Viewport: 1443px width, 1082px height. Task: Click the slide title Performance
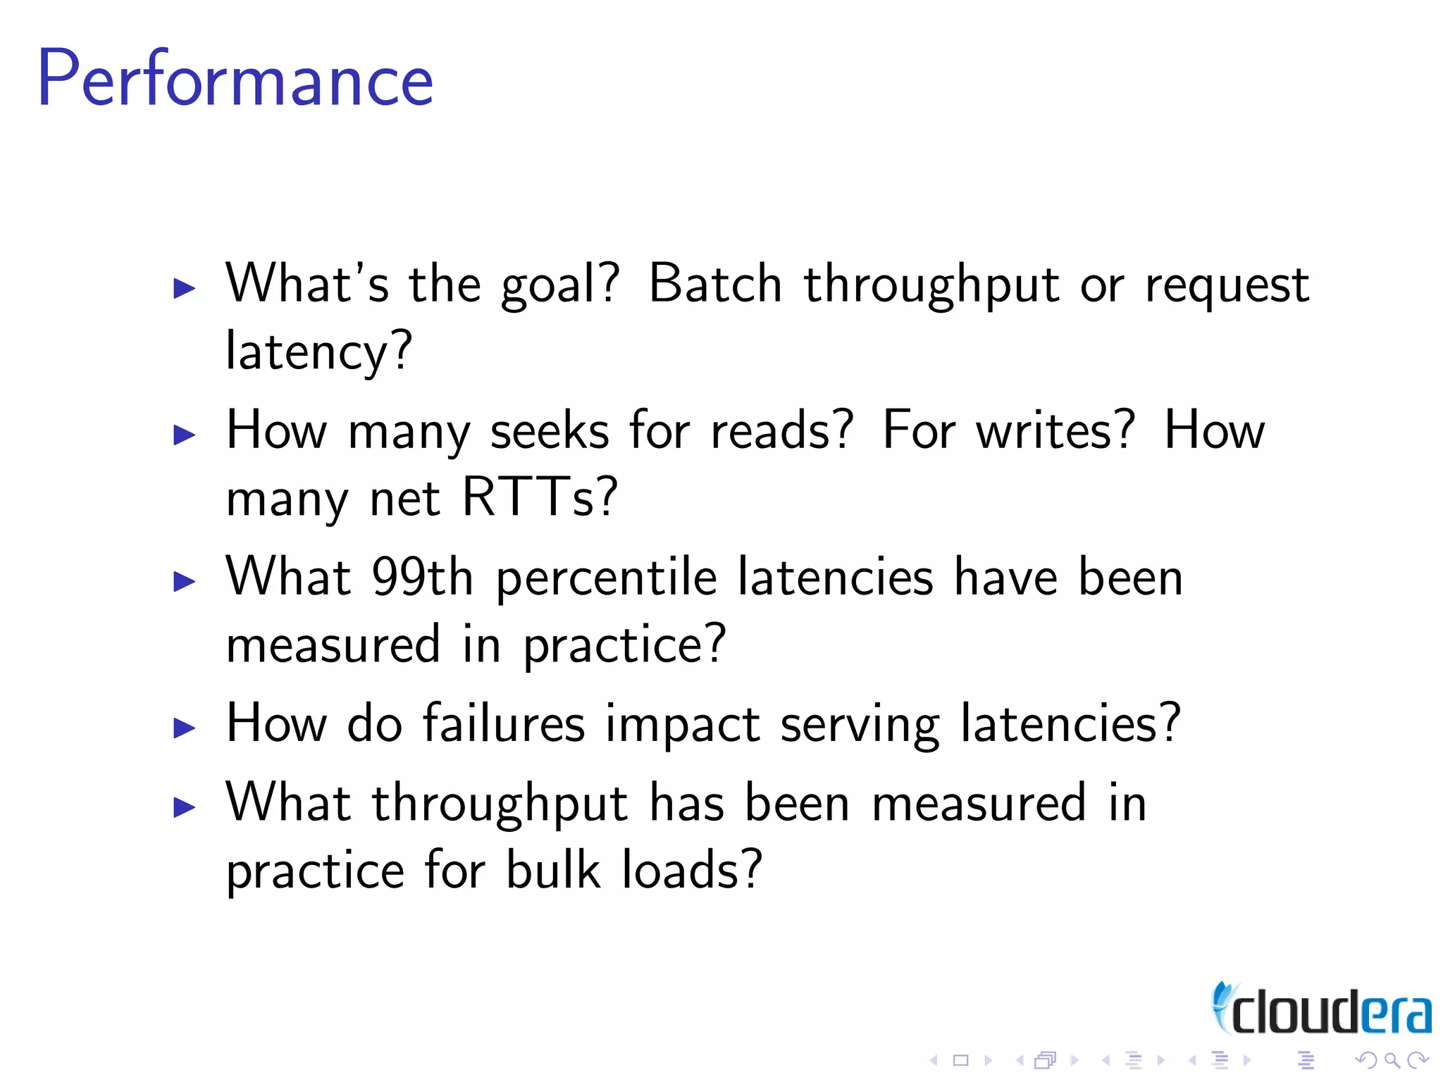(235, 79)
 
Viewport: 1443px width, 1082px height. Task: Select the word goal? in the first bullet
(560, 285)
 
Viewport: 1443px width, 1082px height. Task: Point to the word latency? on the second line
(318, 351)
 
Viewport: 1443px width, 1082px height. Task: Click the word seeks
(549, 430)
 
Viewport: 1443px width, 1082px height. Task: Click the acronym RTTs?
(540, 497)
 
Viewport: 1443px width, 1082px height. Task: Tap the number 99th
(422, 577)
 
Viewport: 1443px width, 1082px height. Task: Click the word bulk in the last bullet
(554, 869)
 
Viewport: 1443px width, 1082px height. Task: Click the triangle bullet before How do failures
(184, 728)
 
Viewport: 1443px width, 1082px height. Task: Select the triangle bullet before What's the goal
(184, 288)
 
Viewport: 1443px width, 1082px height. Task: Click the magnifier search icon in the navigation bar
(1392, 1060)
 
